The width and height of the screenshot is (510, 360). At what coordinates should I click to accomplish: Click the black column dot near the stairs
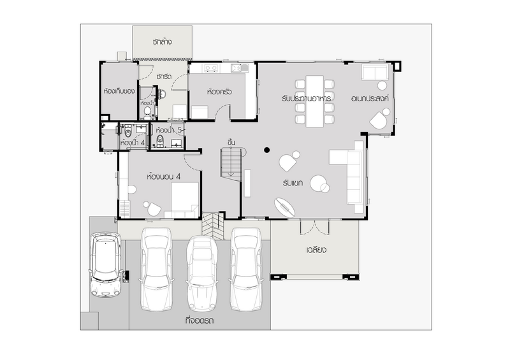tap(266, 150)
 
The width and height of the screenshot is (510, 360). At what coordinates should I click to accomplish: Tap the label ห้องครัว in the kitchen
tap(219, 92)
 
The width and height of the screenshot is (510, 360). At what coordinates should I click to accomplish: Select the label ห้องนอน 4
tap(164, 176)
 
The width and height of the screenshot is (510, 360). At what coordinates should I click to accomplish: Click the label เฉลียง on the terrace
tap(316, 250)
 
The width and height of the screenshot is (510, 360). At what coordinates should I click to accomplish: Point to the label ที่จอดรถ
tap(200, 320)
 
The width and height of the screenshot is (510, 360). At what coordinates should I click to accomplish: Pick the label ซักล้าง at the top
tap(162, 42)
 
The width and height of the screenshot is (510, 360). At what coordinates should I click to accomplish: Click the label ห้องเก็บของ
tap(119, 91)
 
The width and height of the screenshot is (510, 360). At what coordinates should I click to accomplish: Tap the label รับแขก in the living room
tap(293, 183)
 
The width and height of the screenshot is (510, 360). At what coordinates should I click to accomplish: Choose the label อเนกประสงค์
tap(370, 99)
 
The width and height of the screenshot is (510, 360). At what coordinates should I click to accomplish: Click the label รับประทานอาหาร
tap(307, 98)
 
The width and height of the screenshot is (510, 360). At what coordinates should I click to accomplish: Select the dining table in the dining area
tap(314, 101)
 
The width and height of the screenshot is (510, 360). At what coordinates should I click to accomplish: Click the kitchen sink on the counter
tap(240, 68)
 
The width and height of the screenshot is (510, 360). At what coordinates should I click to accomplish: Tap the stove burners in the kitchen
tap(212, 68)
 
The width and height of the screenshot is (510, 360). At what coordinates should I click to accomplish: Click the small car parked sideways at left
tap(106, 264)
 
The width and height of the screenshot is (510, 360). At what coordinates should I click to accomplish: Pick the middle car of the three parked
tap(201, 273)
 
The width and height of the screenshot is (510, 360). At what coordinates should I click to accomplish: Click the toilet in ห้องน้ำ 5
tap(160, 141)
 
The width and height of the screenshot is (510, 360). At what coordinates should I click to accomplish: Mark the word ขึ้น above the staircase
tap(231, 143)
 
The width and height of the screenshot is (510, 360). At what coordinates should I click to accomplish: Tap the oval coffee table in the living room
tap(285, 208)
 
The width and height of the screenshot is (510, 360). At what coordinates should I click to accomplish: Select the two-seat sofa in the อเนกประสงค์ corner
tap(375, 72)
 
